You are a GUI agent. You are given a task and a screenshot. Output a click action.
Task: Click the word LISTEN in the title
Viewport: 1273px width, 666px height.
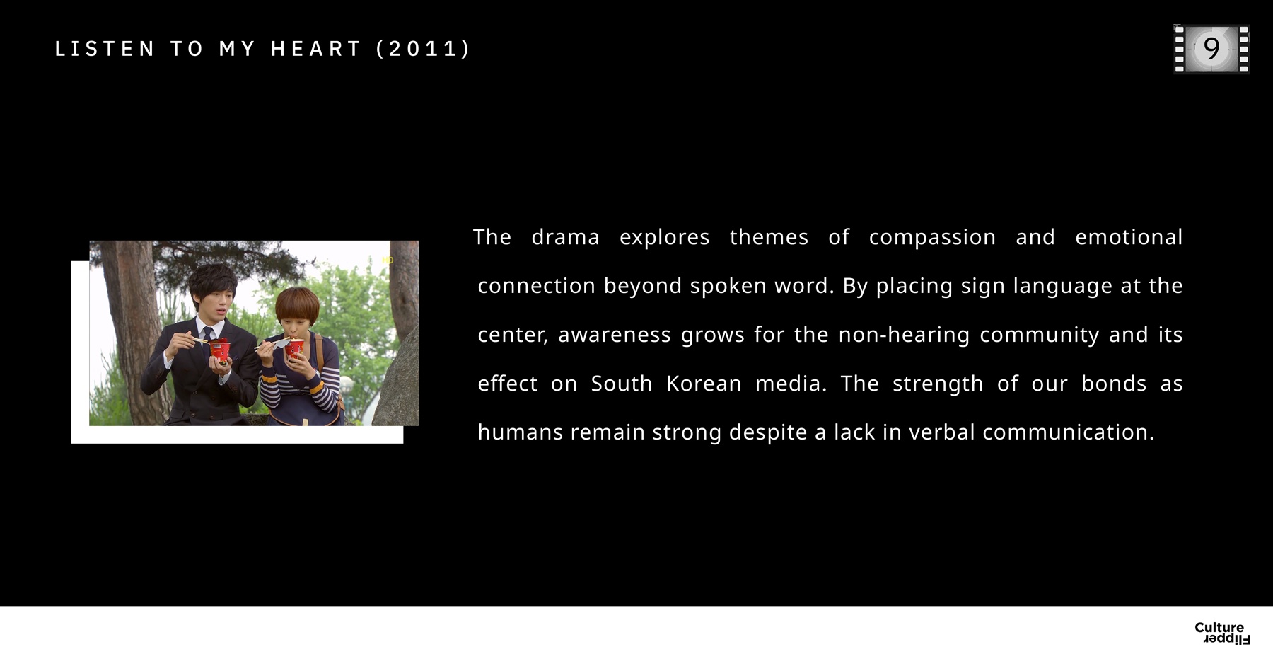point(104,49)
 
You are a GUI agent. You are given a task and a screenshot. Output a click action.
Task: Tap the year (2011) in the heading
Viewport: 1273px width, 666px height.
point(422,49)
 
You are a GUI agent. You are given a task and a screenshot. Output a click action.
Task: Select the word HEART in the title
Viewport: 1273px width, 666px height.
point(316,49)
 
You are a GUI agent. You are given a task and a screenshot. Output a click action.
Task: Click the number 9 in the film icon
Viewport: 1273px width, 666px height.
point(1211,49)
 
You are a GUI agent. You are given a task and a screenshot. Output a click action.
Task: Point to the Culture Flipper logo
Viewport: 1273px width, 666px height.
point(1222,633)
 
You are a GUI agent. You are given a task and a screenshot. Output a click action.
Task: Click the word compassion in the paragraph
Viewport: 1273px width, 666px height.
point(932,237)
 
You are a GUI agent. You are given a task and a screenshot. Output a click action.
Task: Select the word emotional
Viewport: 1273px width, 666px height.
point(1129,237)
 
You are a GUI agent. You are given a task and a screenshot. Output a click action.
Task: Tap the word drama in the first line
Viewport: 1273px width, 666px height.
point(565,237)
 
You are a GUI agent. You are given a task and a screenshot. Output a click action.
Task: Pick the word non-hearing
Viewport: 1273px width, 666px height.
point(904,335)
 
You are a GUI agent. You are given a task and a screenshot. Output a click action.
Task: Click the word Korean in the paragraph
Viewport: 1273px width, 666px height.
point(704,384)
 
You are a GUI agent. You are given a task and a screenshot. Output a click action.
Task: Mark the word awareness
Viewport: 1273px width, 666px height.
point(615,335)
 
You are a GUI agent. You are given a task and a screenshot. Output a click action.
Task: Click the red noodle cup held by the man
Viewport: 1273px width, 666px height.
point(220,350)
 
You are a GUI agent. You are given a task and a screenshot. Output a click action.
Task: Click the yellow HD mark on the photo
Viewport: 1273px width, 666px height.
point(388,260)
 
